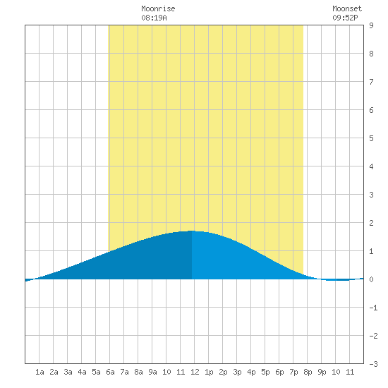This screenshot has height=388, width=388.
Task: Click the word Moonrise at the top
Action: (x=158, y=8)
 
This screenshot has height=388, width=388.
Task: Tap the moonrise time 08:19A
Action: (x=154, y=18)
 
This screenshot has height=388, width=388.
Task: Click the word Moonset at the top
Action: (x=347, y=8)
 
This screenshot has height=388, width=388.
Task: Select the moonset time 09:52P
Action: (x=345, y=18)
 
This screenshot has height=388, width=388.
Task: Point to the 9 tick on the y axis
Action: (x=371, y=25)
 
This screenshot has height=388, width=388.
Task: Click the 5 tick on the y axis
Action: (x=371, y=138)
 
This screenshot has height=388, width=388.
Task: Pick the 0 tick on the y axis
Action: (x=371, y=279)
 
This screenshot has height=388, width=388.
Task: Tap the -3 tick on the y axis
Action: (x=373, y=364)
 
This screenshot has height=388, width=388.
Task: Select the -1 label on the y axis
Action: (x=373, y=308)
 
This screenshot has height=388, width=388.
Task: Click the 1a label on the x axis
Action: (x=40, y=372)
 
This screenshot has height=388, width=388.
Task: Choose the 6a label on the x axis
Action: (x=110, y=372)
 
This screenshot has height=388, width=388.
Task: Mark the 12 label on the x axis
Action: (x=195, y=372)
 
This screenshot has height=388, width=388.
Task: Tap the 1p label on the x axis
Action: (x=209, y=372)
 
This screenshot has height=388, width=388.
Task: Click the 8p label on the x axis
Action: (x=308, y=372)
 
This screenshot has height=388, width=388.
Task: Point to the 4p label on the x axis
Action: (x=251, y=372)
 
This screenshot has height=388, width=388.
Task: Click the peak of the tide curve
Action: (x=191, y=231)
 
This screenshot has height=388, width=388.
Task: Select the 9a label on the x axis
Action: (x=152, y=372)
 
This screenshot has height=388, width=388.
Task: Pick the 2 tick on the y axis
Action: (x=371, y=223)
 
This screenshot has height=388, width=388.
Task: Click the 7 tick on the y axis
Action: (x=371, y=82)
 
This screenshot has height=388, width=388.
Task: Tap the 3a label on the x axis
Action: (x=68, y=372)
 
